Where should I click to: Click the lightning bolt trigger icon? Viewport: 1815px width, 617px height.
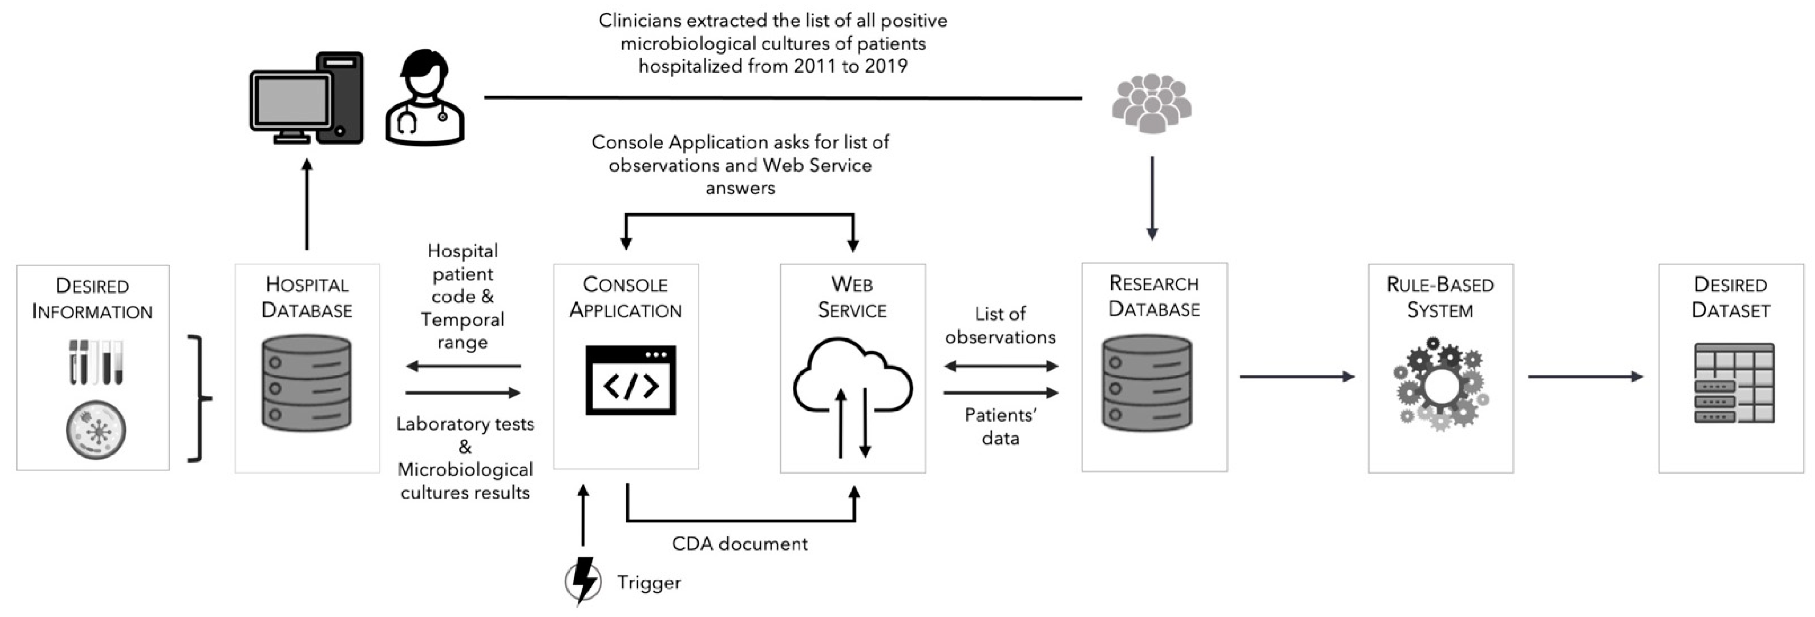(x=584, y=581)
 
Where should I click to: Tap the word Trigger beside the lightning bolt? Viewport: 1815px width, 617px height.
(x=649, y=582)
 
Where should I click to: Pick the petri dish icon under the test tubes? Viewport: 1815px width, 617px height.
(x=96, y=429)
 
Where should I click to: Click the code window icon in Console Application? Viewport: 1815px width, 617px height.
(x=630, y=380)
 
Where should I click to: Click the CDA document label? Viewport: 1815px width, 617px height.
(x=739, y=544)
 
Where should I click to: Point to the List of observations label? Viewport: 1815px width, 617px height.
(x=1000, y=325)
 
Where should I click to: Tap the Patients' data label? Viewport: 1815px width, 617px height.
(x=1000, y=426)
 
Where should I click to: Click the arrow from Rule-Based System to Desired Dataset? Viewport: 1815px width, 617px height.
(x=1585, y=377)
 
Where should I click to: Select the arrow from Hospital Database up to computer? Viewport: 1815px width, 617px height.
(x=306, y=204)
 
